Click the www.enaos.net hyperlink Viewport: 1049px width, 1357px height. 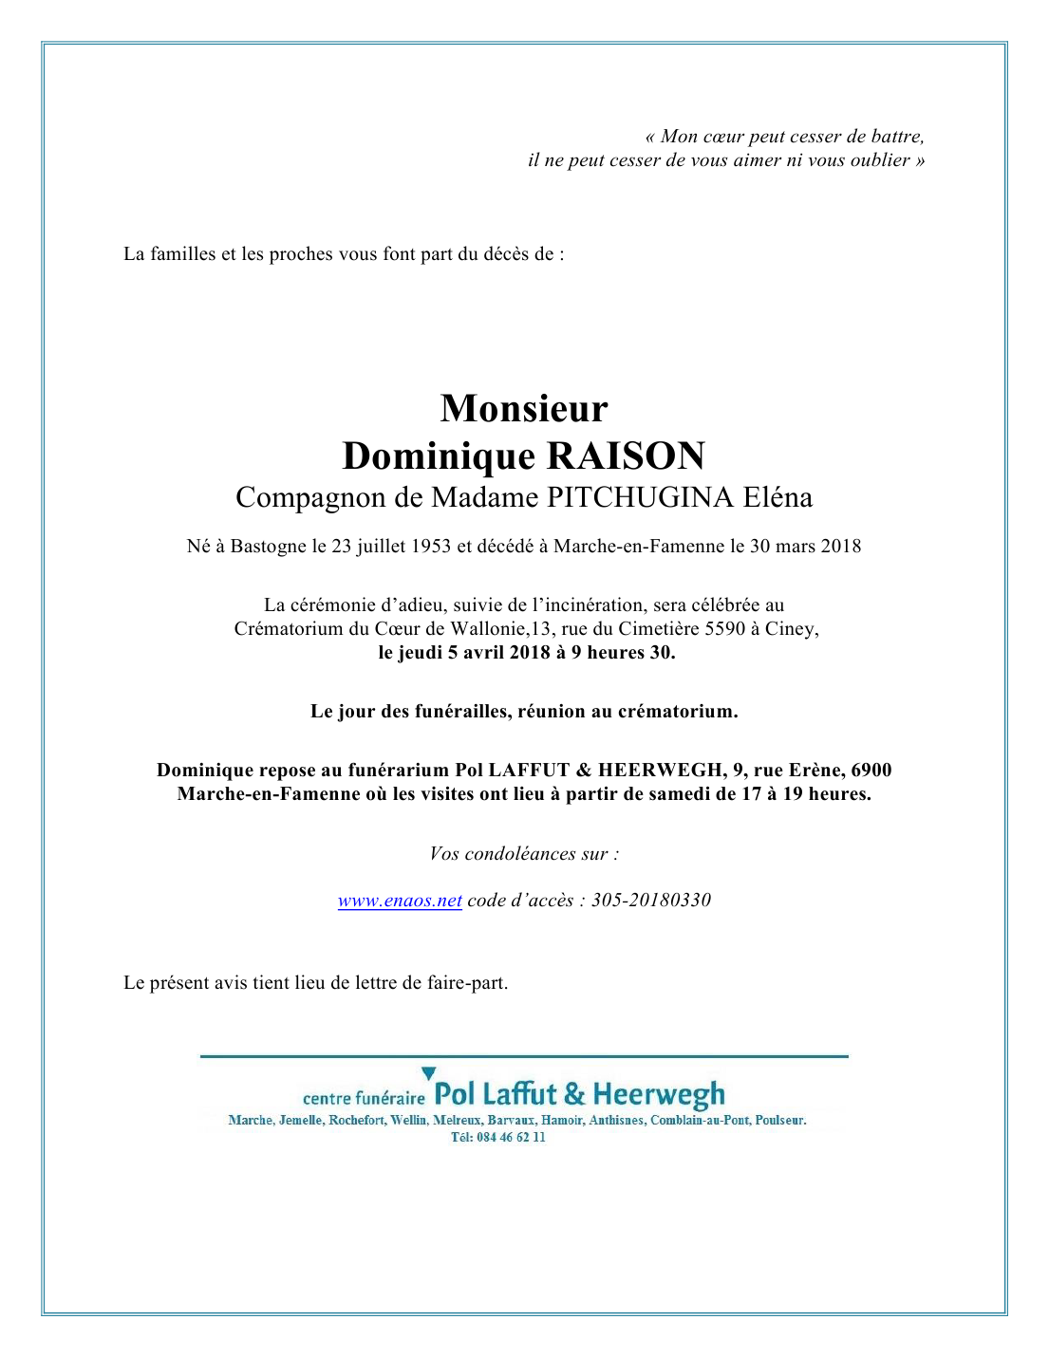[x=400, y=901]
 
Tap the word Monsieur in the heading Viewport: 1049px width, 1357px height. [x=524, y=409]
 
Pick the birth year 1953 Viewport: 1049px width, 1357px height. [x=431, y=547]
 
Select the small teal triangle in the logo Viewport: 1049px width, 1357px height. [x=428, y=1073]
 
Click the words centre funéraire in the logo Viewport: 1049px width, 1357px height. [x=364, y=1099]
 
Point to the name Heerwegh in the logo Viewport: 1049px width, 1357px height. [x=659, y=1096]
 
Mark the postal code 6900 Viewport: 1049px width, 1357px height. [x=871, y=771]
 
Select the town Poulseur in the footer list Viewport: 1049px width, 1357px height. [x=780, y=1121]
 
